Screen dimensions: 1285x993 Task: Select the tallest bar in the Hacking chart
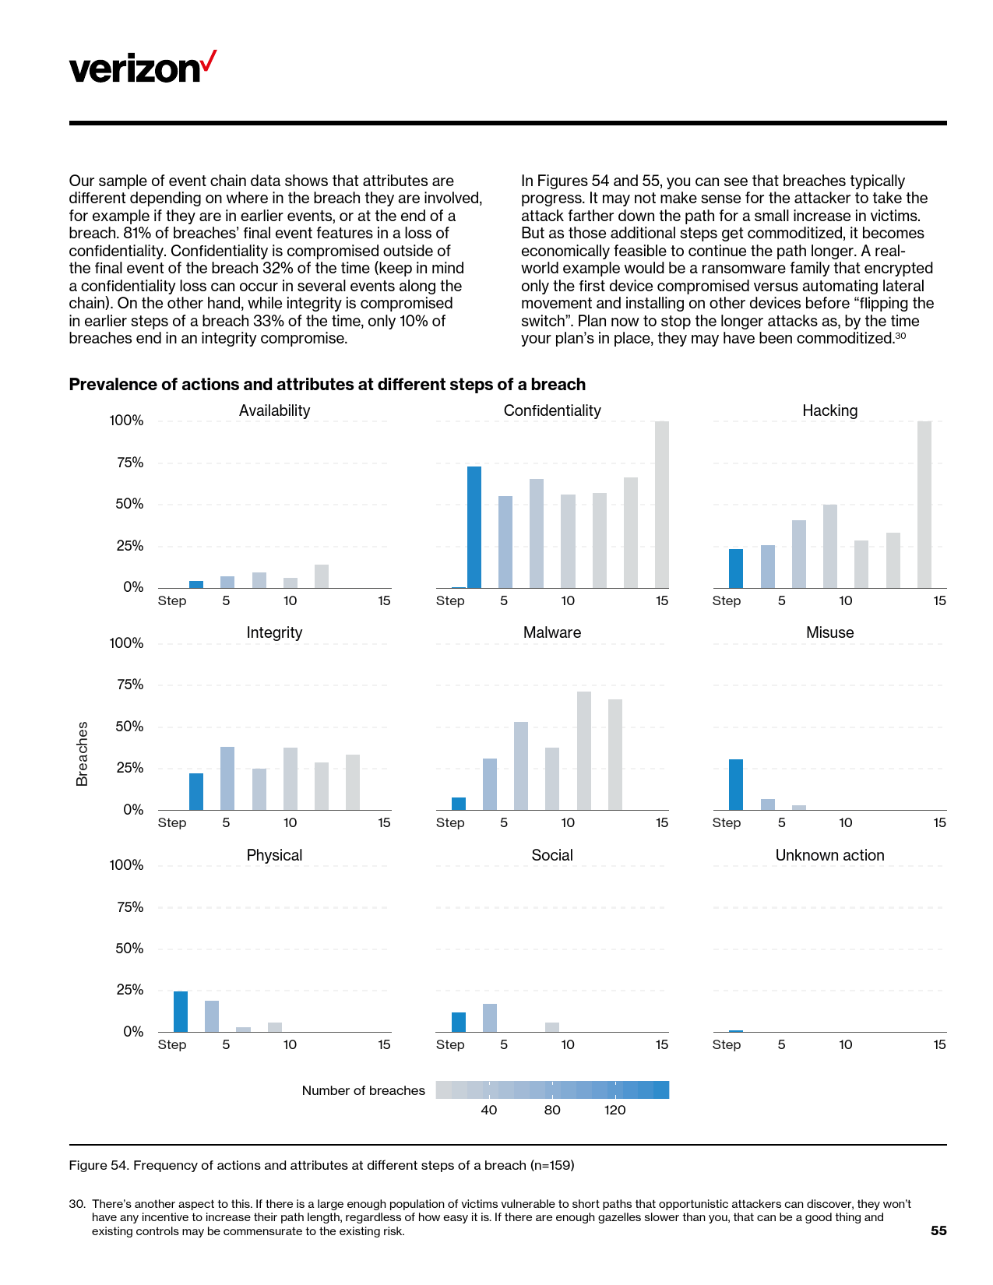pyautogui.click(x=924, y=504)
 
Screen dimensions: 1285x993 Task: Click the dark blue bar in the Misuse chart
pyautogui.click(x=735, y=784)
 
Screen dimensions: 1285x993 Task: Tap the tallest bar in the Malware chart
pyautogui.click(x=583, y=750)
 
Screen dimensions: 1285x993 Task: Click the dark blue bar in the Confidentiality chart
pyautogui.click(x=474, y=527)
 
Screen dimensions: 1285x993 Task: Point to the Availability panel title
pyautogui.click(x=274, y=410)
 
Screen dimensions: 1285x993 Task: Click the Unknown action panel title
pyautogui.click(x=829, y=855)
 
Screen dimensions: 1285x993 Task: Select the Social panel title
pyautogui.click(x=552, y=855)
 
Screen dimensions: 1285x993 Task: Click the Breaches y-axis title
pyautogui.click(x=82, y=753)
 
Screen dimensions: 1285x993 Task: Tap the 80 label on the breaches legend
pyautogui.click(x=552, y=1110)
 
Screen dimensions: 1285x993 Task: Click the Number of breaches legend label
pyautogui.click(x=363, y=1090)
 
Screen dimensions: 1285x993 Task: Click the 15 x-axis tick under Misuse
pyautogui.click(x=939, y=822)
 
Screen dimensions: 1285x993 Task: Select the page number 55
pyautogui.click(x=938, y=1230)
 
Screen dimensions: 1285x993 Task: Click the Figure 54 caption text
pyautogui.click(x=322, y=1165)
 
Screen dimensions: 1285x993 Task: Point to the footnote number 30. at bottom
pyautogui.click(x=76, y=1204)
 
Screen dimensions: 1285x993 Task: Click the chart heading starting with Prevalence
pyautogui.click(x=327, y=384)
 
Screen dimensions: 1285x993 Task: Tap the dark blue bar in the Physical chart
pyautogui.click(x=181, y=1011)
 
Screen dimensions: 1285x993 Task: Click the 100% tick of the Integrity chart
pyautogui.click(x=126, y=643)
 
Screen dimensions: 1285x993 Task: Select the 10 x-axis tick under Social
pyautogui.click(x=568, y=1044)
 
